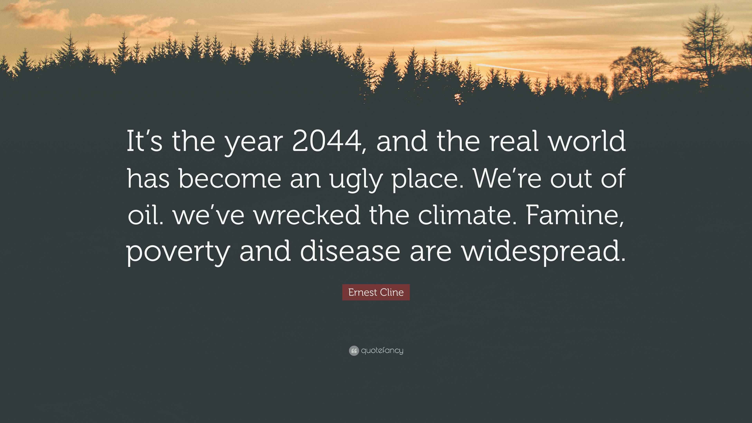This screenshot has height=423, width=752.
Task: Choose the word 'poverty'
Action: (178, 252)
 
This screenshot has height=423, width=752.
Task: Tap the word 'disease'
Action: (350, 251)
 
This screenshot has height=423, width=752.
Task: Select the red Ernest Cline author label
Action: (376, 292)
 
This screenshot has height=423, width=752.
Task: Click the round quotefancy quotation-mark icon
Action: (353, 351)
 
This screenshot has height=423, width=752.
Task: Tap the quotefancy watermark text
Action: (382, 350)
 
